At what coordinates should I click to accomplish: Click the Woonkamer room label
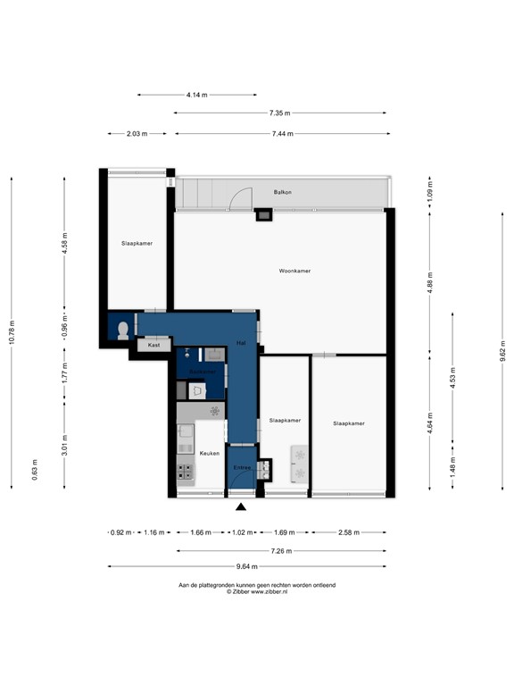coord(294,270)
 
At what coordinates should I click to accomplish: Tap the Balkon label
coord(283,192)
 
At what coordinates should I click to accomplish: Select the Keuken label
coord(209,453)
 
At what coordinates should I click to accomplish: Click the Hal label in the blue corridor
coord(241,342)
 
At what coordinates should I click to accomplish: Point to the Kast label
coord(154,345)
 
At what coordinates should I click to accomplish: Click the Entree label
coord(241,468)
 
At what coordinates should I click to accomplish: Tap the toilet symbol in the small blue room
coord(121,330)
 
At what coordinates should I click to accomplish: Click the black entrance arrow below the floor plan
coord(241,508)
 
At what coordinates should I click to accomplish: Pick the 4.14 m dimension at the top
coord(197,95)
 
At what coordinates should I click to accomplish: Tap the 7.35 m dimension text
coord(279,113)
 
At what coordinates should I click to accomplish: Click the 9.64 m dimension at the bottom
coord(247,566)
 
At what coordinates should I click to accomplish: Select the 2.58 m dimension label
coord(350,532)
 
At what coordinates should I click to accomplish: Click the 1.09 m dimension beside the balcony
coord(429,191)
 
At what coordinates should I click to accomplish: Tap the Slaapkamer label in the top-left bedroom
coord(137,242)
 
